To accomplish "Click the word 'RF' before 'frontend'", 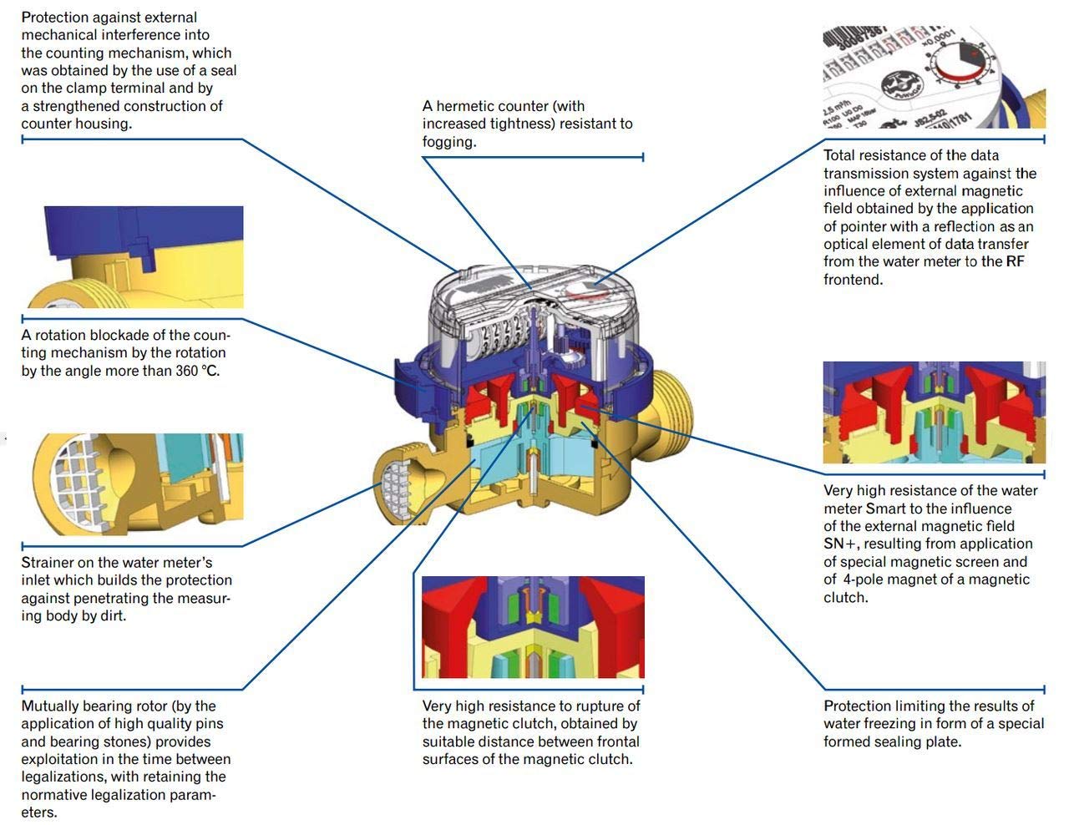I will (x=1015, y=261).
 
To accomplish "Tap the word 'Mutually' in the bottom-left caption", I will (x=48, y=706).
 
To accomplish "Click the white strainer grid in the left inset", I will (x=79, y=479).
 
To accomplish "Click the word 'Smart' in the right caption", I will (x=885, y=509).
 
